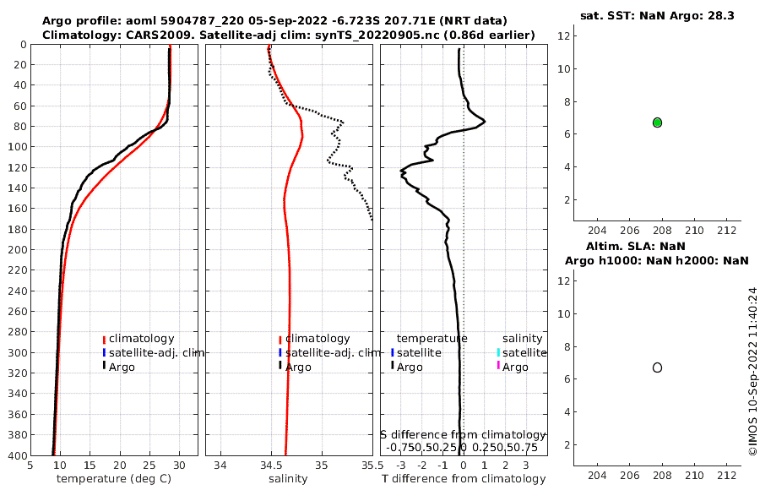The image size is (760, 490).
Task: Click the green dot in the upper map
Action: tap(657, 122)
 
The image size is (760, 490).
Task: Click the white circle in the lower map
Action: tap(657, 367)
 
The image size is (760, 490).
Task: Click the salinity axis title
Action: tap(287, 479)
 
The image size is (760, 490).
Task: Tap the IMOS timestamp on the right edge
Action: tap(752, 372)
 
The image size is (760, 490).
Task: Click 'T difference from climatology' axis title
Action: tap(464, 479)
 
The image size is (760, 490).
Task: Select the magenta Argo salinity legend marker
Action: tap(498, 366)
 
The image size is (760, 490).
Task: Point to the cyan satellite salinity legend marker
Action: tap(498, 352)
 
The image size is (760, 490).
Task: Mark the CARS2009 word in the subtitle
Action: tap(145, 35)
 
